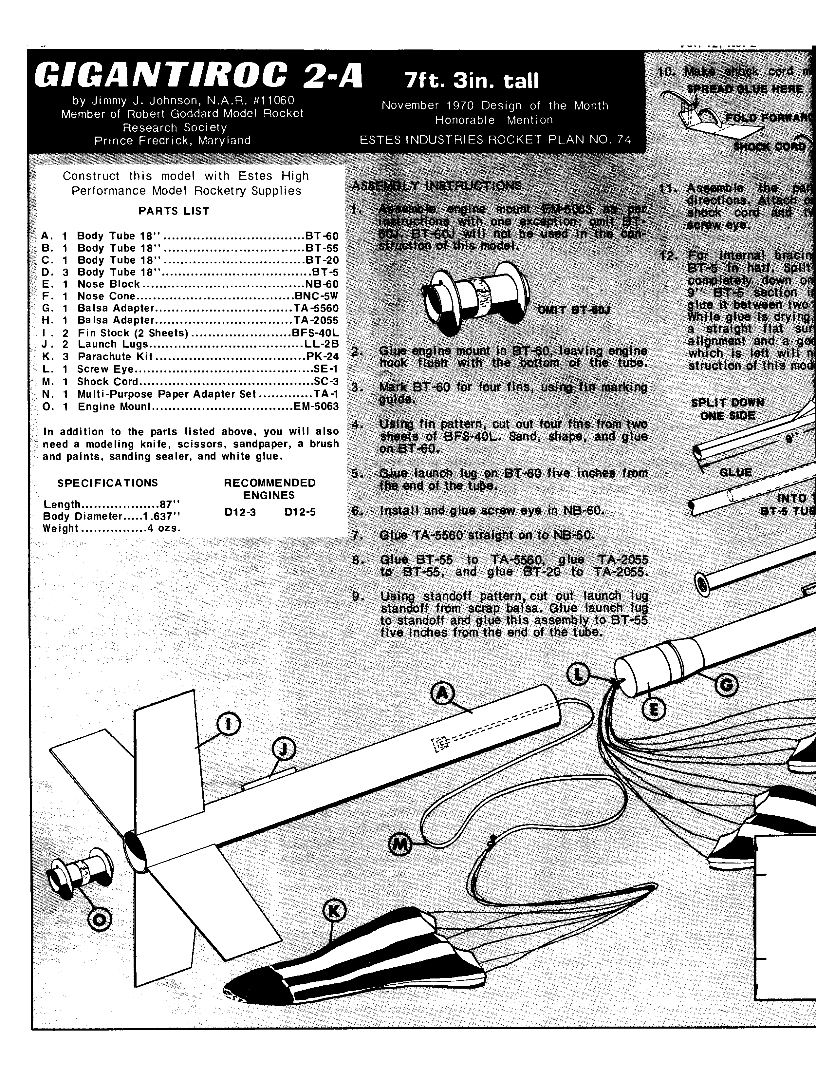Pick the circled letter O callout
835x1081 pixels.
(100, 919)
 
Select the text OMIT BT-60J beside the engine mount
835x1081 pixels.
(574, 310)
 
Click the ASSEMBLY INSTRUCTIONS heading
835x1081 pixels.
(436, 186)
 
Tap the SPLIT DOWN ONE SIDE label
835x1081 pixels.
(727, 409)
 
